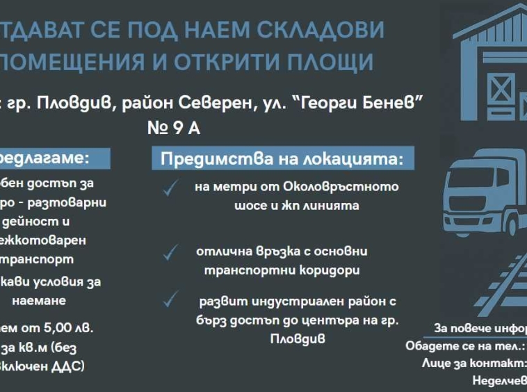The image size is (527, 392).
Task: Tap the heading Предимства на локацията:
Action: coord(282,158)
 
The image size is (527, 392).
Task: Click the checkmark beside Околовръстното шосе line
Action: coord(170,188)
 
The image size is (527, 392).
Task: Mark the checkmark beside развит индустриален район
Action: coord(170,300)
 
